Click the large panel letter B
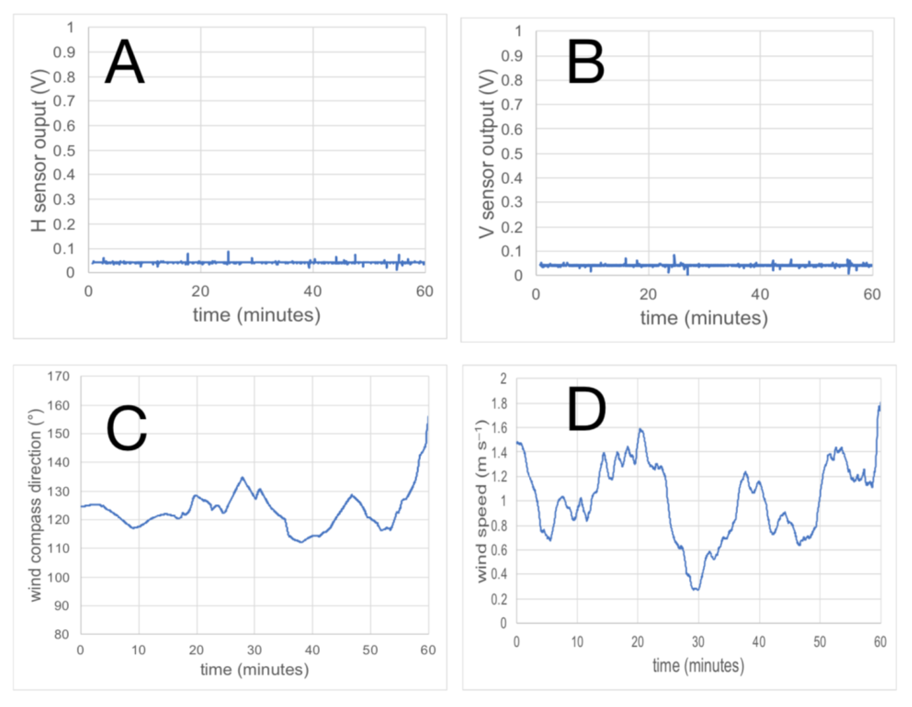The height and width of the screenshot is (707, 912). (x=585, y=63)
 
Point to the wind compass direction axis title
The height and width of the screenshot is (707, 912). (x=36, y=505)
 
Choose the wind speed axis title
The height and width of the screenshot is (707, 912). (x=482, y=501)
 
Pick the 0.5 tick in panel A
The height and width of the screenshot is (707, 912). (x=64, y=151)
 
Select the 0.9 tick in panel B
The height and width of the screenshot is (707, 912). (x=511, y=56)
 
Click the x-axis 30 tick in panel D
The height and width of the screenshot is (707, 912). (x=698, y=642)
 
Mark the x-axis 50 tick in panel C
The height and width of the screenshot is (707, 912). (x=370, y=650)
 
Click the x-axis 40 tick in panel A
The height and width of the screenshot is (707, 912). (x=313, y=291)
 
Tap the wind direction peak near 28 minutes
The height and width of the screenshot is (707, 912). (x=242, y=478)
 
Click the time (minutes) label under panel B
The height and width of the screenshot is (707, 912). (x=704, y=318)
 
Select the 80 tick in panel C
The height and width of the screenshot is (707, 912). (x=62, y=634)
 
